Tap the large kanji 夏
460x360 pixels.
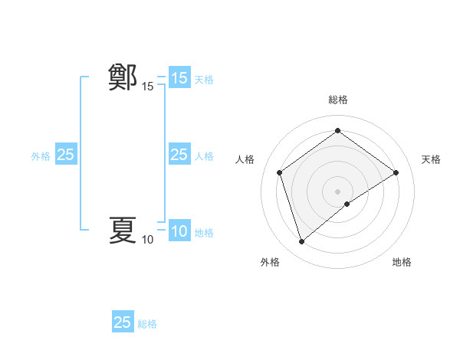123,230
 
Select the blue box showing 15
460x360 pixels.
179,78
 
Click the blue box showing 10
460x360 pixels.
179,231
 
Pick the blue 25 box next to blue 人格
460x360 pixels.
179,155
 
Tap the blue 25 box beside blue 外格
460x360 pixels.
66,155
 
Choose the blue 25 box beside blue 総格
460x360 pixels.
123,322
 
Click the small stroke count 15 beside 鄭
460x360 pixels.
147,87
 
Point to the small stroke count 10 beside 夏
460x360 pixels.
147,241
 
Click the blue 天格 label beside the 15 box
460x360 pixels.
204,80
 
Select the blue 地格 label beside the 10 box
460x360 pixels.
204,233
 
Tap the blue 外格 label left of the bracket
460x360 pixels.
41,156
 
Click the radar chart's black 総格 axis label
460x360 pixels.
337,100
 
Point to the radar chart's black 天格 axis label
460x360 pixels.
432,159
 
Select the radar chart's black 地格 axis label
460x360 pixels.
402,262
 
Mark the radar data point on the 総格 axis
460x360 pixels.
337,131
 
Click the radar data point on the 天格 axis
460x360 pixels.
396,172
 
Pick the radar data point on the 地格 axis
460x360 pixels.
347,204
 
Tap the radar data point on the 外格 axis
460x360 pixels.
301,242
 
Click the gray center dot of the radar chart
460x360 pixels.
337,191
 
